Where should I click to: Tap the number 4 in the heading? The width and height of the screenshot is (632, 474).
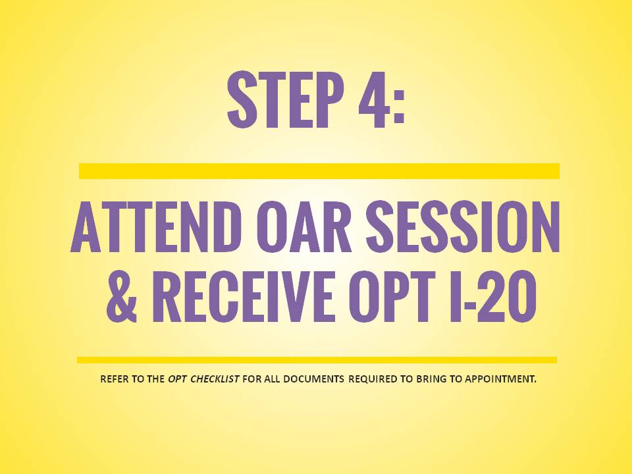(x=374, y=99)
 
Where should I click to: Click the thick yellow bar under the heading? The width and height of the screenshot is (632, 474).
(x=319, y=171)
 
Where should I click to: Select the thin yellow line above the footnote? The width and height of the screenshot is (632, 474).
(x=317, y=360)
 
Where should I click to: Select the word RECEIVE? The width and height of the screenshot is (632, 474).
(x=243, y=296)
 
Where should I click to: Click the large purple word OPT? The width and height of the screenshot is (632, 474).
(x=392, y=296)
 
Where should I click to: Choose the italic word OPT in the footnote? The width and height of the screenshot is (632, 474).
(x=176, y=379)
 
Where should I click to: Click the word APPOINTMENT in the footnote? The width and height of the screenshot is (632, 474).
(x=500, y=379)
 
